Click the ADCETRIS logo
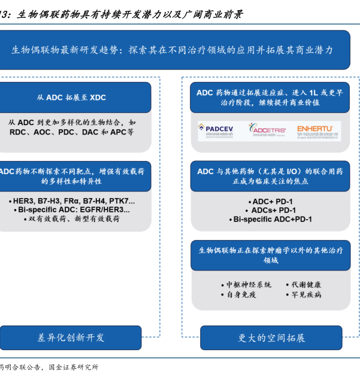point(267,130)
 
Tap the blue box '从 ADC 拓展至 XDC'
point(75,98)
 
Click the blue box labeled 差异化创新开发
point(71,337)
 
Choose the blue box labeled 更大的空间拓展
point(271,337)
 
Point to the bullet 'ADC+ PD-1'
point(273,202)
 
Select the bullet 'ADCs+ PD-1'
point(273,211)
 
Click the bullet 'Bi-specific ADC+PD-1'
point(273,220)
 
